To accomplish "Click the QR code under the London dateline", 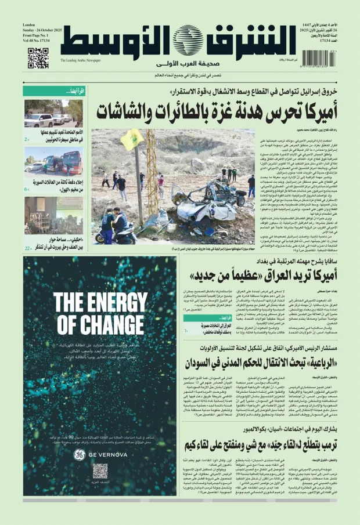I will coord(38,59).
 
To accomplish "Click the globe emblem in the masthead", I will coord(185,40).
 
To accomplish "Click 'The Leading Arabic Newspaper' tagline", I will coord(80,60).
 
